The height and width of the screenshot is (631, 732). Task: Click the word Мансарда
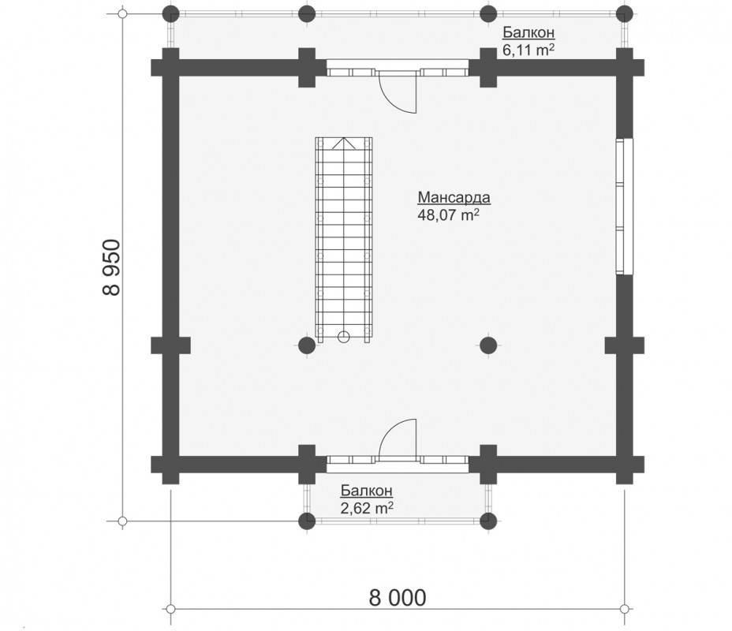[454, 197]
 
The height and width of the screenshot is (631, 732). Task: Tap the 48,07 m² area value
[448, 215]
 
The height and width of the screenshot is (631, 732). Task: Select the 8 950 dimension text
[111, 267]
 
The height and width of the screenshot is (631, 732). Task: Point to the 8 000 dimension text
[398, 597]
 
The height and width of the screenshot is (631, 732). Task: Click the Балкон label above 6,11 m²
[528, 32]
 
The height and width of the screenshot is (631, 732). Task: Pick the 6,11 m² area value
[528, 50]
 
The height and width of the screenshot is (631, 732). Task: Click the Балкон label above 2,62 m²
[367, 491]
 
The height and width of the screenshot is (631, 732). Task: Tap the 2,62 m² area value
[367, 507]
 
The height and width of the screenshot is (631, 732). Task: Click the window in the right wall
[625, 207]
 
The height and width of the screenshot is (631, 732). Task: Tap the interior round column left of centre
[307, 345]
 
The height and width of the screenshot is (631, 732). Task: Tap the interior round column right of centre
[488, 345]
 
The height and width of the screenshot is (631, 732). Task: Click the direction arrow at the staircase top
[344, 144]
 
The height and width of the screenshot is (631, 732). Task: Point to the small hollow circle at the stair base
[344, 337]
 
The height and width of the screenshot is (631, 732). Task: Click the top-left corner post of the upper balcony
[171, 13]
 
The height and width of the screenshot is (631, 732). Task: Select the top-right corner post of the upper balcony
[625, 13]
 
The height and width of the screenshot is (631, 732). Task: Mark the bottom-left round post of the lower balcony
[307, 521]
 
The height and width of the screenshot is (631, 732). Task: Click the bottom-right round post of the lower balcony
[488, 521]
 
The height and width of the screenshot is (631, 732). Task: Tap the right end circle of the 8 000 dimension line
[625, 609]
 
